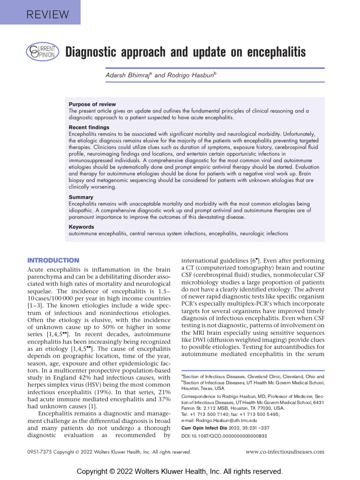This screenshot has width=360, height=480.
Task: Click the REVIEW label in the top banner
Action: coord(41,14)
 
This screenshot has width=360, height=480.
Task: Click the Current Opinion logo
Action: coord(42,52)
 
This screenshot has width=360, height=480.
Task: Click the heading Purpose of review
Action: coord(92,104)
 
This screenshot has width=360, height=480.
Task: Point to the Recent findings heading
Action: coord(89,127)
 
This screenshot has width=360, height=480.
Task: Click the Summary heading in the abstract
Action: coord(81,197)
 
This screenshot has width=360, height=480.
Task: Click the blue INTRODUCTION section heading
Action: coord(53,260)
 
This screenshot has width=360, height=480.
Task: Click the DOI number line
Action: coord(224,436)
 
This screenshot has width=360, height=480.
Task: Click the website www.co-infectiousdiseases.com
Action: coord(285,452)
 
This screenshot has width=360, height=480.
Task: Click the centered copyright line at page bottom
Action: coord(180,471)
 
